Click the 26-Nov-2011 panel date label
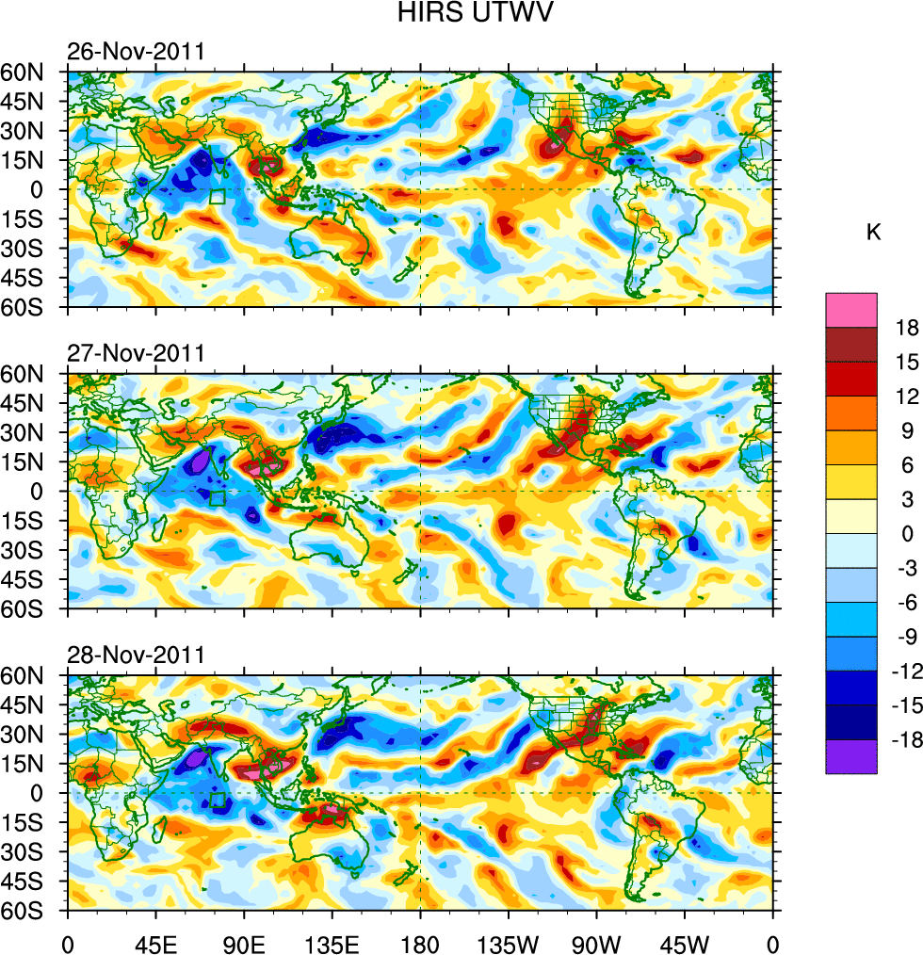pos(136,52)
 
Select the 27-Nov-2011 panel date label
pos(136,354)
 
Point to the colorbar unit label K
pos(874,233)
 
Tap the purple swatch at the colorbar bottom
pos(851,756)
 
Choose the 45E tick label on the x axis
pos(155,942)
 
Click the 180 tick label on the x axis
pos(420,942)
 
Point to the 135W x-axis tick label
pos(509,942)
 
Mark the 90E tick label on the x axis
pos(244,942)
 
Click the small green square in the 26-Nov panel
pos(218,197)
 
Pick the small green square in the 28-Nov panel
pos(218,801)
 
